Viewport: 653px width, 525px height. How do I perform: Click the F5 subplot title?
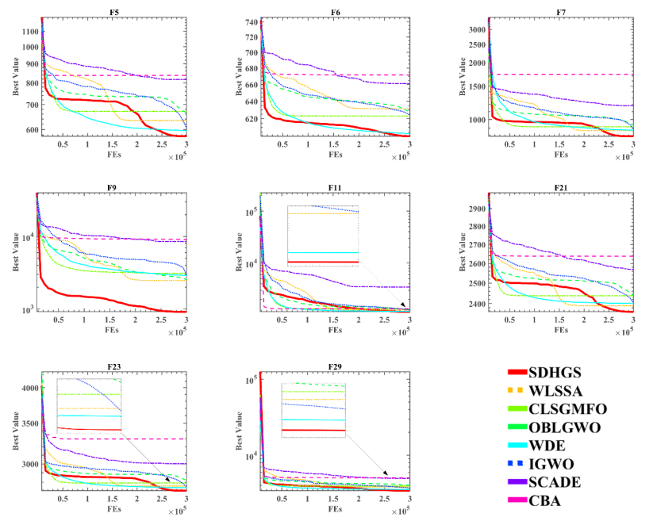point(113,11)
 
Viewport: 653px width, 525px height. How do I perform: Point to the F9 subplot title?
point(113,188)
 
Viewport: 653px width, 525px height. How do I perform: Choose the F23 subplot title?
point(113,366)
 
